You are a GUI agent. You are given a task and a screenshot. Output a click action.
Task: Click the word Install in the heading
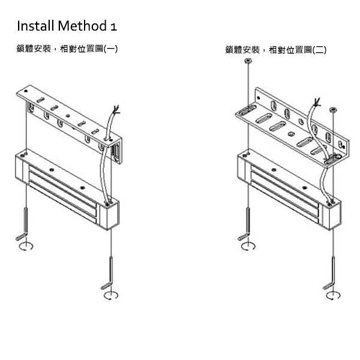35,26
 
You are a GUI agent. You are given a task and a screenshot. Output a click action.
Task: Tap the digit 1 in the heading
113,27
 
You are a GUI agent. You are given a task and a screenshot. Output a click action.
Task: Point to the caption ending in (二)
276,50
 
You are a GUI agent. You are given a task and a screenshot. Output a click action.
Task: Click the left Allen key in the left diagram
24,222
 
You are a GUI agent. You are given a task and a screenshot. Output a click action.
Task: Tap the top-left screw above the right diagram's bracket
247,62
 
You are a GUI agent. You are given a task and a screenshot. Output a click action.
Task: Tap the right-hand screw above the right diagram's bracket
334,110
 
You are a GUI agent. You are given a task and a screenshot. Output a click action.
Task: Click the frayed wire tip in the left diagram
116,110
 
